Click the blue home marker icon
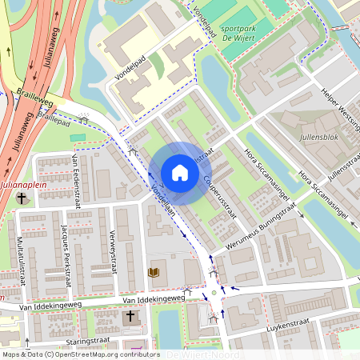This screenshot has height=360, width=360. coord(180,173)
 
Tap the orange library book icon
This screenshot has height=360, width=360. coord(154,273)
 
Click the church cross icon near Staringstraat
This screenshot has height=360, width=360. coord(130,317)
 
